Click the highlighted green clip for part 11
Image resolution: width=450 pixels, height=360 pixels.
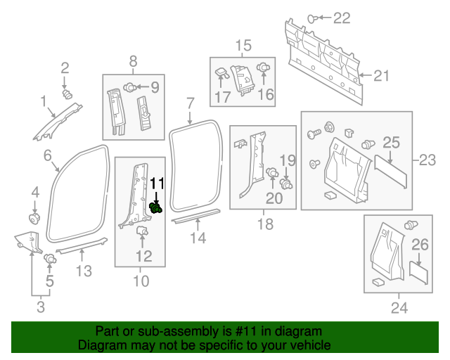pos(157,207)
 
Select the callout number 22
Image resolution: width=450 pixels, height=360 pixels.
pos(340,18)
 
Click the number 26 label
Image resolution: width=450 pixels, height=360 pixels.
pos(419,245)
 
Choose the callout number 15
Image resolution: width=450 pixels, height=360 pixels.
pos(243,46)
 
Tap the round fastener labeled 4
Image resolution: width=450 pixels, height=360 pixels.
pos(33,215)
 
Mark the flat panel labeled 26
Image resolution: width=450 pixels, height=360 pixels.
pos(419,271)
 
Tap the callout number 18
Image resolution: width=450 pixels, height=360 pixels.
pos(264,224)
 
